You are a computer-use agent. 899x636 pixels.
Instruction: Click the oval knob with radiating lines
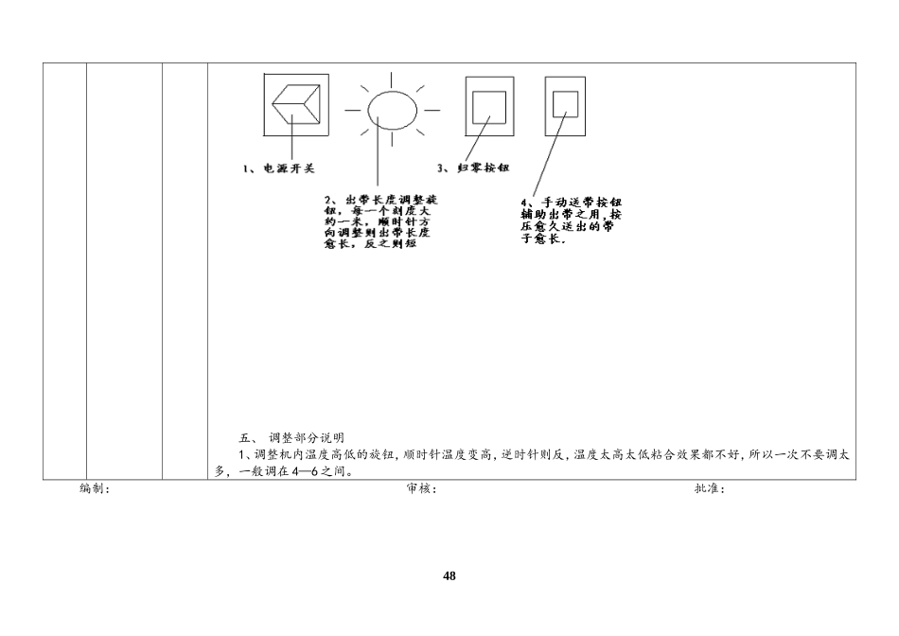(x=392, y=107)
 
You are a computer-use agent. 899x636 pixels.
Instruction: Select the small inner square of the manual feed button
(x=565, y=103)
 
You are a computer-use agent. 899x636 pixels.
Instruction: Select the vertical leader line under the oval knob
(x=378, y=156)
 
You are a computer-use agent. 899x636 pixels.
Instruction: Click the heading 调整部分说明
(x=307, y=438)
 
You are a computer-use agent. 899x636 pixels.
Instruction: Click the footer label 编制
(x=95, y=489)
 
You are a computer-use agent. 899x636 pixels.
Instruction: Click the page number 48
(x=449, y=576)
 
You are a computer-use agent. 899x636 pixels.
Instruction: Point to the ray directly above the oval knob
(x=392, y=75)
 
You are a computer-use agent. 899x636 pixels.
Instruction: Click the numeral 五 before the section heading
(x=245, y=438)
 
